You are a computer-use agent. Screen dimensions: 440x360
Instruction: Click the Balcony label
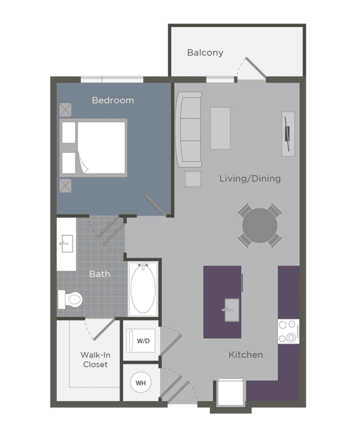(205, 52)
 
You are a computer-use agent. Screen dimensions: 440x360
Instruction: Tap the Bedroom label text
(112, 100)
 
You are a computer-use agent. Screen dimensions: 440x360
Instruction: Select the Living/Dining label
(249, 179)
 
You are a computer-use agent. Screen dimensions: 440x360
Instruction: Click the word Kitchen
(245, 354)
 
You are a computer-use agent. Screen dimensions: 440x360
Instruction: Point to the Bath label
(99, 274)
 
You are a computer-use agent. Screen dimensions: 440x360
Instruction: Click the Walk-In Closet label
(94, 359)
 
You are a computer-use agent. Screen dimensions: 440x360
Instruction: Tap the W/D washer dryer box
(143, 341)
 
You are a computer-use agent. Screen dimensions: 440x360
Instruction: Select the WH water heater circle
(141, 382)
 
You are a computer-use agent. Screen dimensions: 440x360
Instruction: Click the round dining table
(259, 225)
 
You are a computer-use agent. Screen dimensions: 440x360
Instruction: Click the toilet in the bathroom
(71, 300)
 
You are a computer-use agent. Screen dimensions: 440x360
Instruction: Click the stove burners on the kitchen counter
(288, 331)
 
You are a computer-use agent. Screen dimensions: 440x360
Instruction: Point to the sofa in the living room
(189, 129)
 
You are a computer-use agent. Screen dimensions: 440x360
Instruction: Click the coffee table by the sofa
(220, 128)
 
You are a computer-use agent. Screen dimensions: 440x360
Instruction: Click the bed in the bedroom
(94, 147)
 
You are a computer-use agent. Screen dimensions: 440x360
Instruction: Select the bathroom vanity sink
(66, 242)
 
